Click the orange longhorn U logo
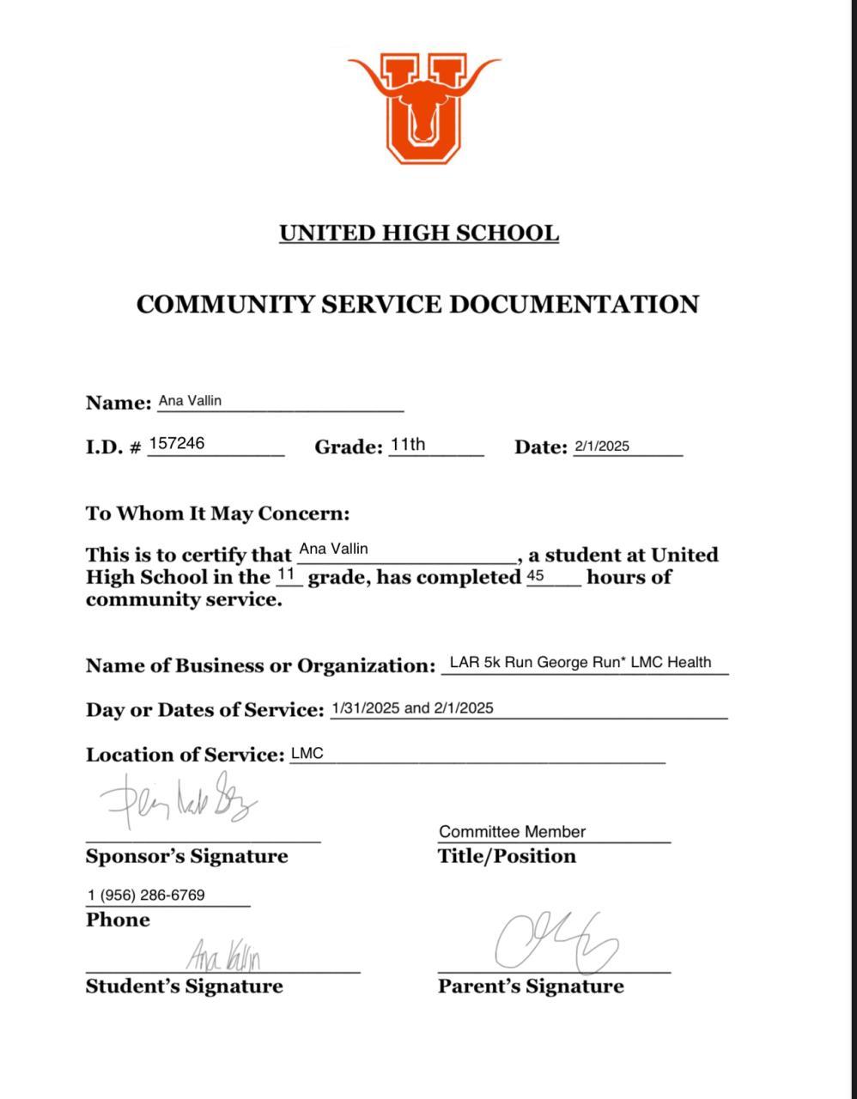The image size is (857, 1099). click(423, 107)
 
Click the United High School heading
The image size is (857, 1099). click(419, 233)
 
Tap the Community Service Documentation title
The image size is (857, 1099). click(417, 304)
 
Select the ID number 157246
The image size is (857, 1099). click(177, 443)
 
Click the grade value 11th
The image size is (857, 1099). click(407, 444)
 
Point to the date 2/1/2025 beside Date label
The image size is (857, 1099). click(602, 446)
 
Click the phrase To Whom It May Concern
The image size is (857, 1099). click(217, 513)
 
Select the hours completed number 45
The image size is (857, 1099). click(536, 576)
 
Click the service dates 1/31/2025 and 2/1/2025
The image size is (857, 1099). click(412, 707)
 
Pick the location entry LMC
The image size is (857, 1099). click(307, 754)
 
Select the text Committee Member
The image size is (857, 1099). click(512, 831)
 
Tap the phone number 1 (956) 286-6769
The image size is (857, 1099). click(146, 895)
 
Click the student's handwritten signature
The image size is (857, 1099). click(223, 954)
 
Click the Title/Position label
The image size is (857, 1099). click(507, 856)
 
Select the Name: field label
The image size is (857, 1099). click(119, 403)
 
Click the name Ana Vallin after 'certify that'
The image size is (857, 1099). click(333, 549)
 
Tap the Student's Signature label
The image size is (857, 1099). click(184, 986)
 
